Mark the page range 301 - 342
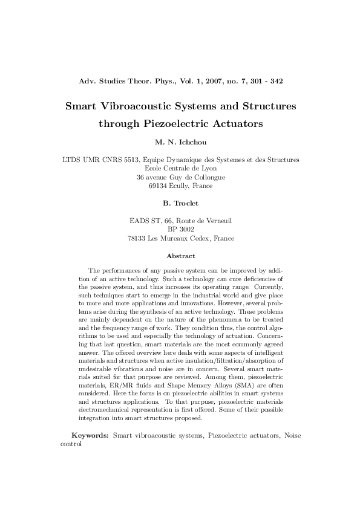tap(266, 80)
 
